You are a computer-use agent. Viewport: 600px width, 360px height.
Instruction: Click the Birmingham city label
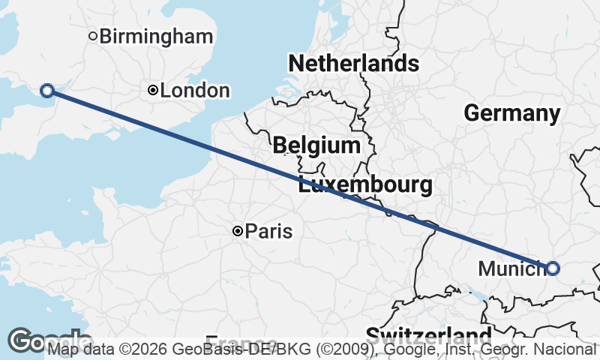coord(151,36)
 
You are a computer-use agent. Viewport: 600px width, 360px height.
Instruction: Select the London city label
coord(195,91)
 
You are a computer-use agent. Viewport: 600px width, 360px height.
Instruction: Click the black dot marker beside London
coord(153,90)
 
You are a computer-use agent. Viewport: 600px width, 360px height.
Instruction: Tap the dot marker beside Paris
coord(238,232)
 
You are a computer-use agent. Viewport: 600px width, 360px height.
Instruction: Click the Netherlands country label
coord(353,63)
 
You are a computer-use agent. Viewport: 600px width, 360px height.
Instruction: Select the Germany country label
coord(511,113)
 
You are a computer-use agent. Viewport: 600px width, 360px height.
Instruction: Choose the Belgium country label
coord(316,145)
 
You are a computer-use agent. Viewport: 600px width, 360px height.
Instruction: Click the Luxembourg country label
coord(364,184)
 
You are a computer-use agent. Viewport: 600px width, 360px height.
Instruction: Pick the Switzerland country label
coord(428,334)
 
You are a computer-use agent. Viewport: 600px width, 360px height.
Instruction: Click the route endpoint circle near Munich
coord(553,268)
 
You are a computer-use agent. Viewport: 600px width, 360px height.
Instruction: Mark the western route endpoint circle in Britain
coord(46,91)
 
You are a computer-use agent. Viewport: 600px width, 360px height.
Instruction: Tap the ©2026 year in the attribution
coord(145,349)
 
